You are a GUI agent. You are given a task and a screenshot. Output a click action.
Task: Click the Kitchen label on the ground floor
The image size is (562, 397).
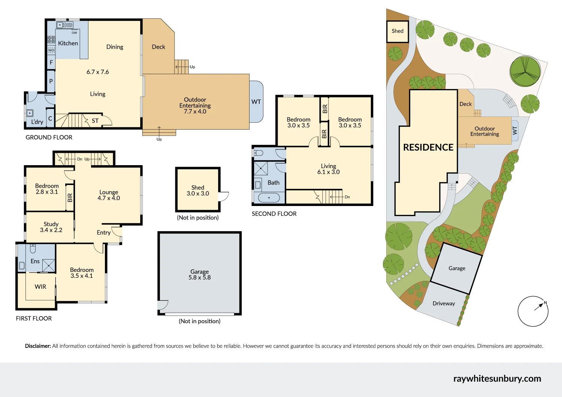tap(68, 43)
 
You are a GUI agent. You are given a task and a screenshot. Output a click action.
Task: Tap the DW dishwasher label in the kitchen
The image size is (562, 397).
tap(74, 33)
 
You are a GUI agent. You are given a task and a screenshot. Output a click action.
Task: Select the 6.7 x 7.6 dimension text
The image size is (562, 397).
tap(97, 72)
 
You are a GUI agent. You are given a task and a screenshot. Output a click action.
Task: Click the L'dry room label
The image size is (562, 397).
tap(37, 122)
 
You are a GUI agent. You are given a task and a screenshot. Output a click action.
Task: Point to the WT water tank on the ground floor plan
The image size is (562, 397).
tap(256, 102)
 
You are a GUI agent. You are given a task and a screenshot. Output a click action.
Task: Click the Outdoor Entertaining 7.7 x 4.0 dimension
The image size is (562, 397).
tap(195, 112)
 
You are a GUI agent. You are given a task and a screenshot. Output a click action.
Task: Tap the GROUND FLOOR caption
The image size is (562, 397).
tap(49, 137)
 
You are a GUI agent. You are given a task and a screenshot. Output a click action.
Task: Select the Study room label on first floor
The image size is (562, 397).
tap(51, 224)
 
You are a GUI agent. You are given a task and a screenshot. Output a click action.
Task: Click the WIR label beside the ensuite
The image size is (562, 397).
tap(40, 287)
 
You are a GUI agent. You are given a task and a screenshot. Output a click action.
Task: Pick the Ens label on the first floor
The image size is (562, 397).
tap(35, 261)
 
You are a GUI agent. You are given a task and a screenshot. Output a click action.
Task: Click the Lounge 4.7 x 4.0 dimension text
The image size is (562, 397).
tap(109, 198)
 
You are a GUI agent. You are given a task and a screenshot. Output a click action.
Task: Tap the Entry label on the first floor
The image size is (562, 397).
tap(103, 233)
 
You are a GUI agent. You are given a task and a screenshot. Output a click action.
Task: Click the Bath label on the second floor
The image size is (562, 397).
tap(274, 183)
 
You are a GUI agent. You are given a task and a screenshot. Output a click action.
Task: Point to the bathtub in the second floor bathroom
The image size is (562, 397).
tap(269, 197)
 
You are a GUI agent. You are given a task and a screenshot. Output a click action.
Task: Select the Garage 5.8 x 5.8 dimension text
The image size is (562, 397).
tap(199, 278)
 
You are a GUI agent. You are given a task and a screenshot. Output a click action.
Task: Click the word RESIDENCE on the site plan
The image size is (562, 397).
tap(428, 148)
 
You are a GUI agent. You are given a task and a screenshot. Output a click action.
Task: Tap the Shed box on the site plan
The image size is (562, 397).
tap(398, 31)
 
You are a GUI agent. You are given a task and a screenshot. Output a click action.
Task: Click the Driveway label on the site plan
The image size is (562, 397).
tap(444, 304)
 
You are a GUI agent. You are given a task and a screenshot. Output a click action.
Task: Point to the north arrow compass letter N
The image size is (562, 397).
tap(545, 303)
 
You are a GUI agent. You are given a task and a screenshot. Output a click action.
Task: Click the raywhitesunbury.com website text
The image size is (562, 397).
tap(497, 379)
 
